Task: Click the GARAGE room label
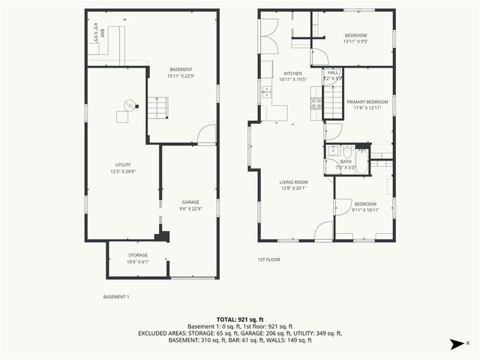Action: [190, 202]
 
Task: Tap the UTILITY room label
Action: [123, 163]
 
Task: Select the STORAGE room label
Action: [138, 256]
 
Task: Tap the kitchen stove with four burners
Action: [316, 103]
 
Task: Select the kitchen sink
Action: [266, 94]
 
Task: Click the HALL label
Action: [332, 73]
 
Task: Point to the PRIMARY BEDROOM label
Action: [367, 101]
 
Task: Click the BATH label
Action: [345, 161]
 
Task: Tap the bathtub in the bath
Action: [361, 162]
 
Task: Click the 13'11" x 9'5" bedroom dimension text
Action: [355, 42]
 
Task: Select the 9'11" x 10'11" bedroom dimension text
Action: [366, 209]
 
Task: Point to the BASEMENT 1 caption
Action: [116, 297]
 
